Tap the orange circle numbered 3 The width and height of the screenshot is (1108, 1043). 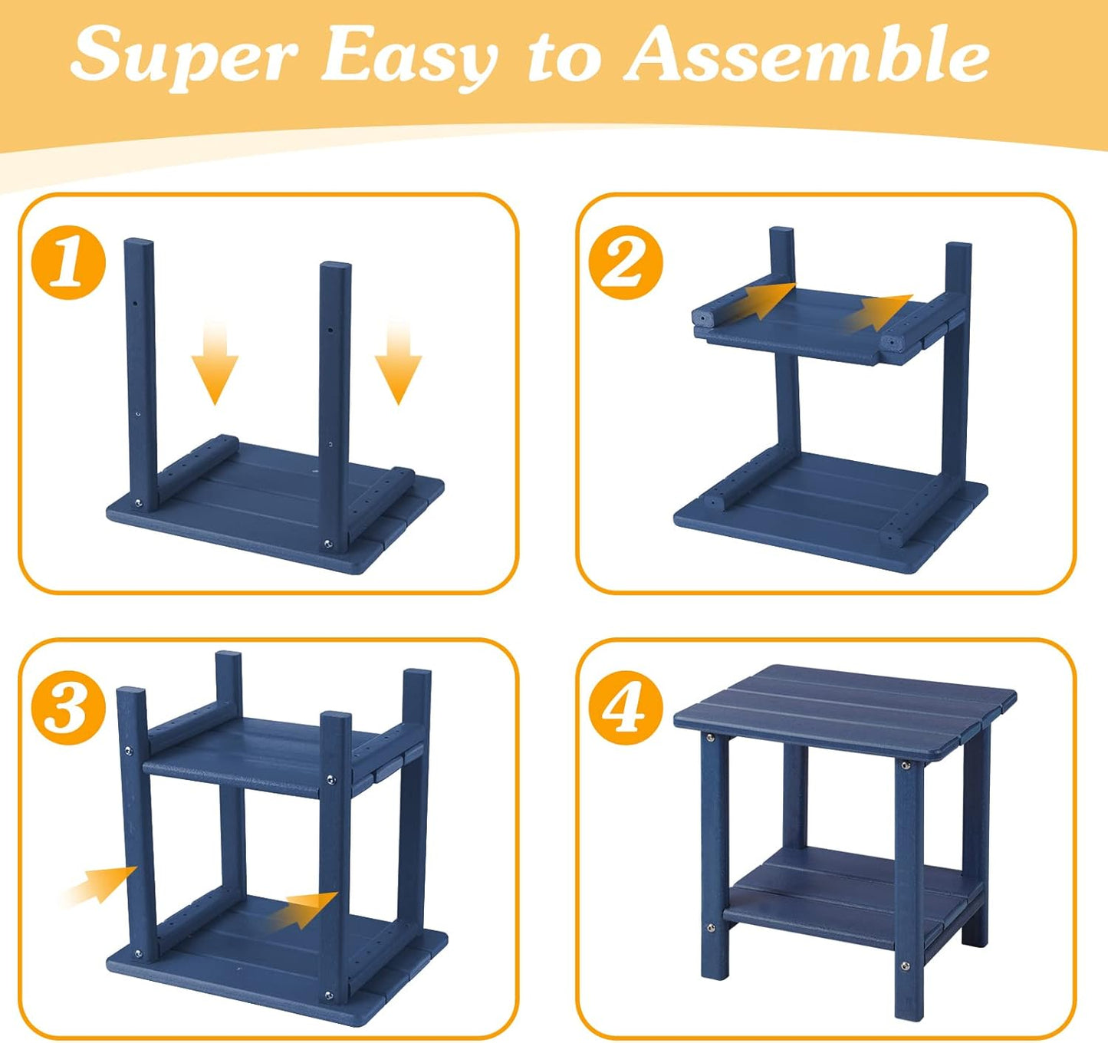tap(69, 707)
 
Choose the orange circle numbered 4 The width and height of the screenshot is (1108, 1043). tap(626, 707)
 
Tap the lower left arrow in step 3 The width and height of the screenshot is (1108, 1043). tap(101, 888)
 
